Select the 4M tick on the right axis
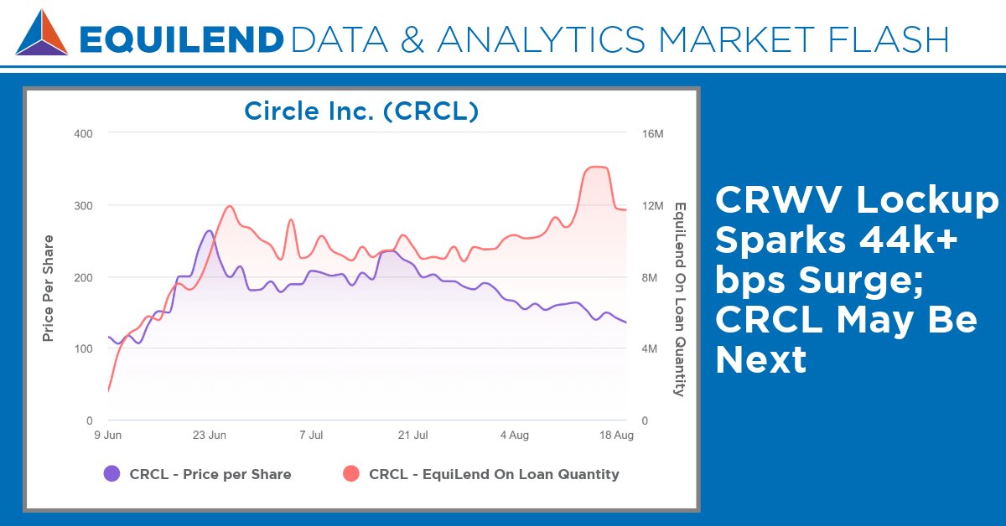pyautogui.click(x=650, y=348)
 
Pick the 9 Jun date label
pyautogui.click(x=107, y=436)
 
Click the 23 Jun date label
pyautogui.click(x=210, y=436)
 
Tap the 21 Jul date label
pyautogui.click(x=412, y=436)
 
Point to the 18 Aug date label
pyautogui.click(x=617, y=436)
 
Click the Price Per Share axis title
pyautogui.click(x=49, y=276)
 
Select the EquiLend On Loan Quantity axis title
pyautogui.click(x=680, y=299)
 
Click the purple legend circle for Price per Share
pyautogui.click(x=111, y=474)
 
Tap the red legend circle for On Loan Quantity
pyautogui.click(x=351, y=474)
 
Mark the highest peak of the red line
pyautogui.click(x=595, y=167)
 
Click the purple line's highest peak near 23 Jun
pyautogui.click(x=210, y=230)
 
